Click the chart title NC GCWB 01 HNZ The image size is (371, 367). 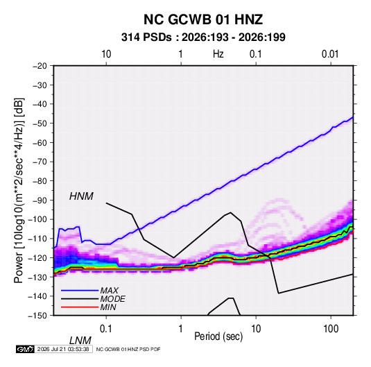(x=203, y=19)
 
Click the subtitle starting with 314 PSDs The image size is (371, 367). (x=203, y=37)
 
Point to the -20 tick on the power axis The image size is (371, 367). (x=40, y=66)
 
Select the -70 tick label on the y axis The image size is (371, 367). (x=40, y=162)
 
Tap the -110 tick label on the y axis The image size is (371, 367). (x=37, y=239)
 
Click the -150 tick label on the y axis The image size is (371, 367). (x=37, y=316)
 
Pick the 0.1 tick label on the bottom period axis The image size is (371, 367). (x=106, y=328)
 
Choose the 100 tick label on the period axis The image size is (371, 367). (x=331, y=328)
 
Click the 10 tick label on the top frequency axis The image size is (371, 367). (x=106, y=54)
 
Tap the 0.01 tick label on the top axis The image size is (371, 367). (x=330, y=54)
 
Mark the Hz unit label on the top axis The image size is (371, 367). (x=218, y=54)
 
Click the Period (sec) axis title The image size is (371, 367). (x=218, y=336)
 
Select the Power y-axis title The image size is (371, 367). (x=19, y=191)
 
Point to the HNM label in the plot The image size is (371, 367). (x=81, y=196)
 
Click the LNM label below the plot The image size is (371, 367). (x=80, y=341)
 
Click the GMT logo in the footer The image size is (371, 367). (x=25, y=349)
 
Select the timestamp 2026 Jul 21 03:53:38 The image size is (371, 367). (x=63, y=349)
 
